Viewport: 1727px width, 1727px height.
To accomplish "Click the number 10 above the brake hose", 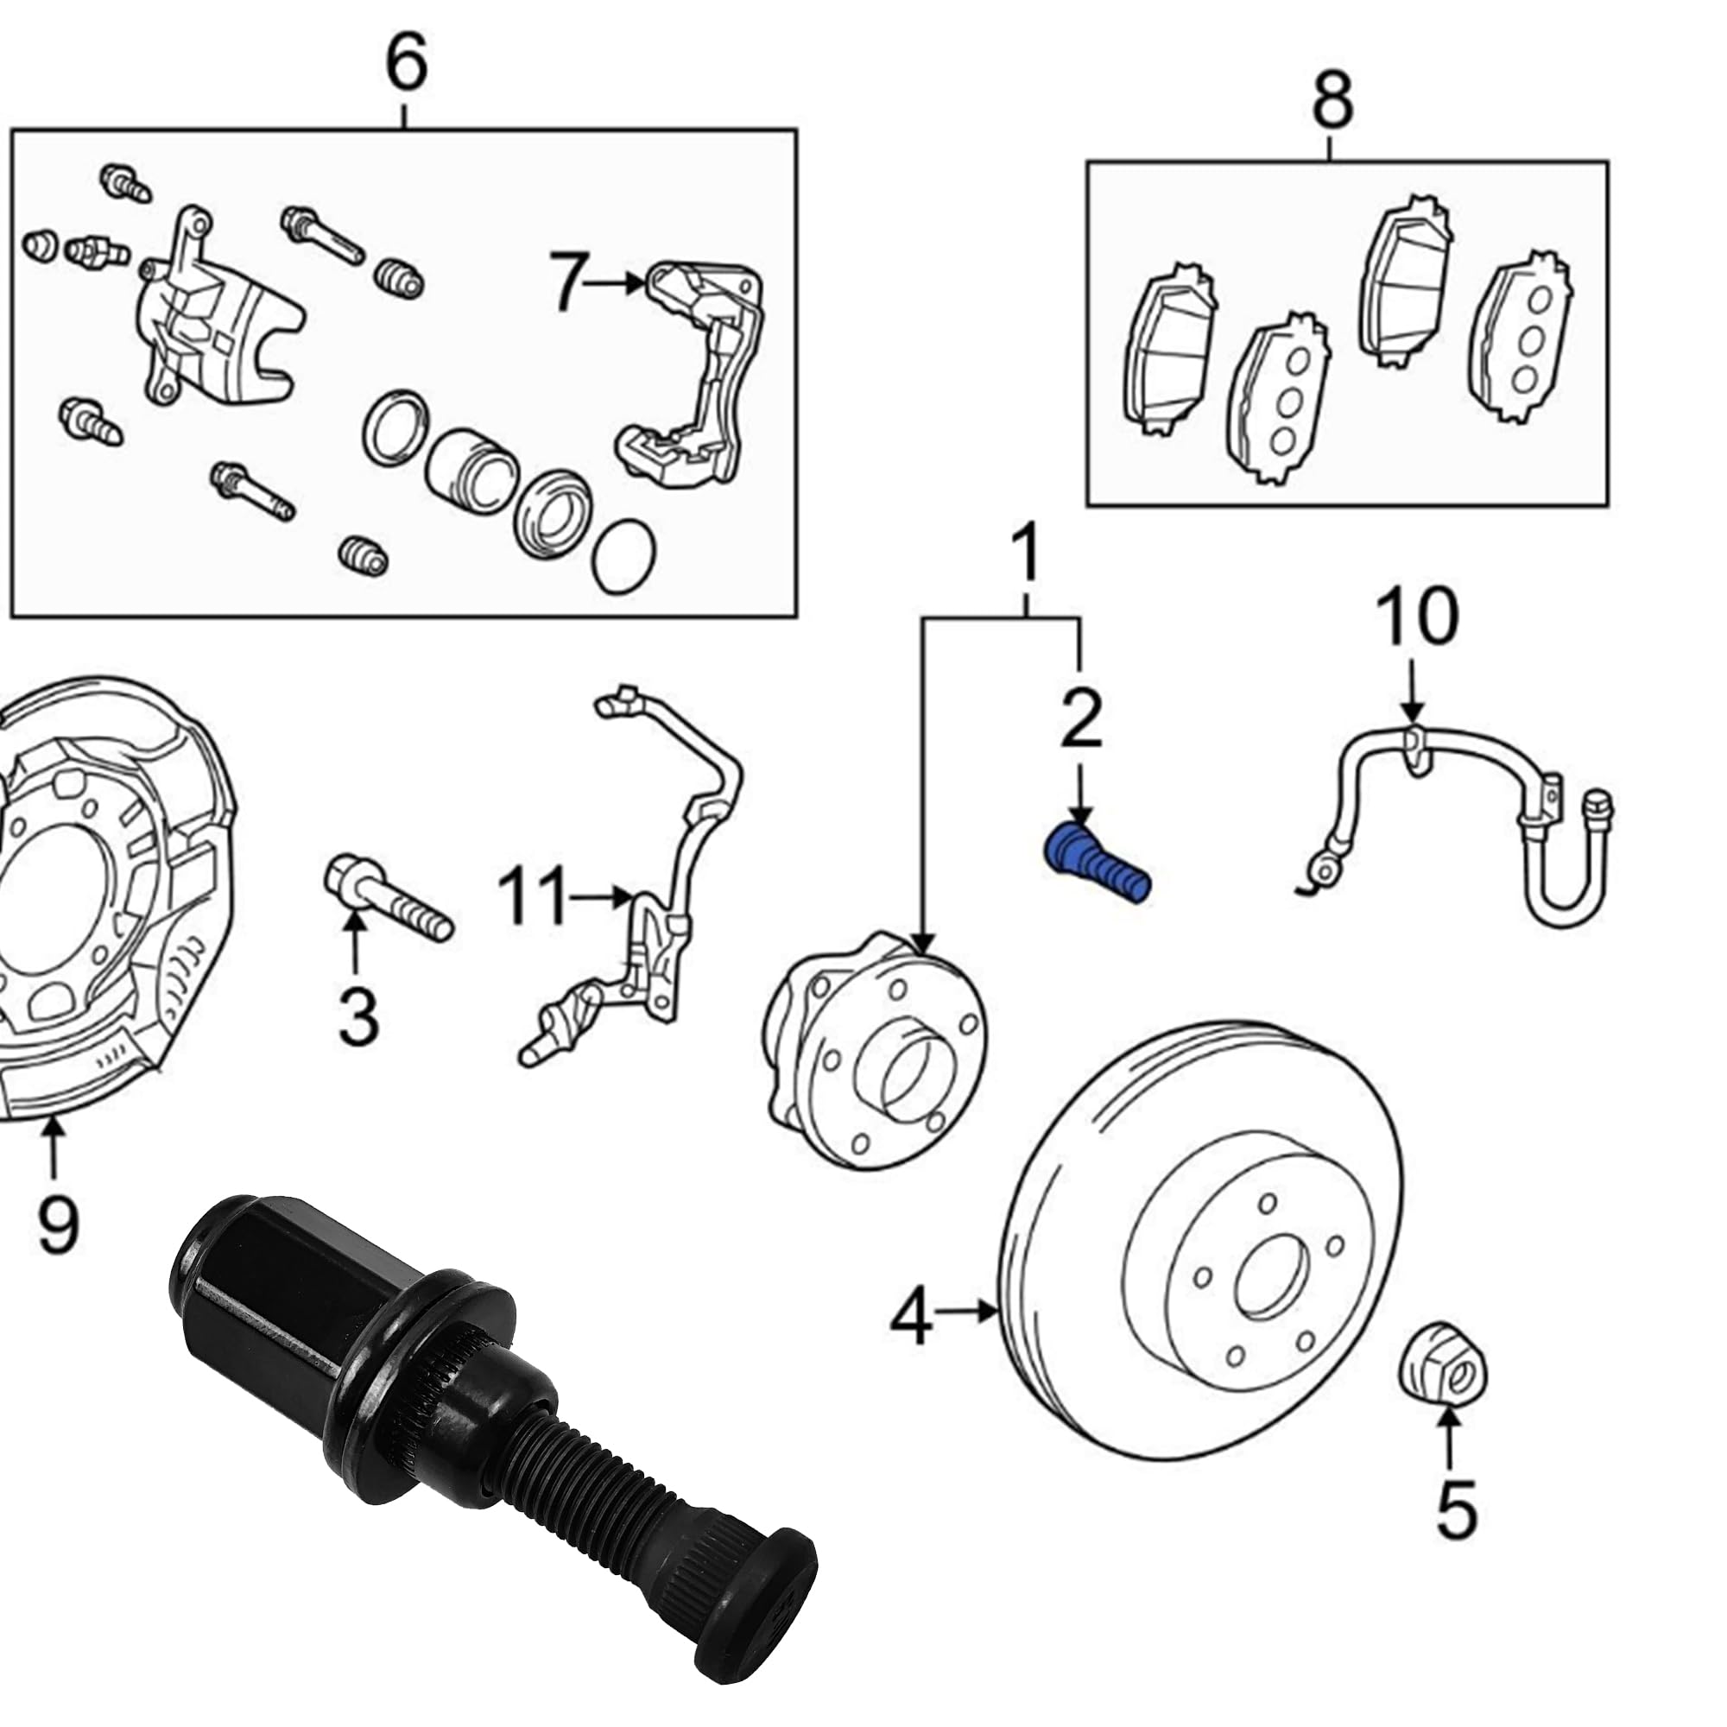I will click(x=1417, y=617).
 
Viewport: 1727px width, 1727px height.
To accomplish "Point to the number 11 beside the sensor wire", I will click(x=533, y=895).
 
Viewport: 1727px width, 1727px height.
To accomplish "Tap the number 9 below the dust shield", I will click(x=58, y=1224).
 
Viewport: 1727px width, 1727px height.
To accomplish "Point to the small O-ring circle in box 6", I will click(x=624, y=555).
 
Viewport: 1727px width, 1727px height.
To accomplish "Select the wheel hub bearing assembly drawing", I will click(x=876, y=1050).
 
